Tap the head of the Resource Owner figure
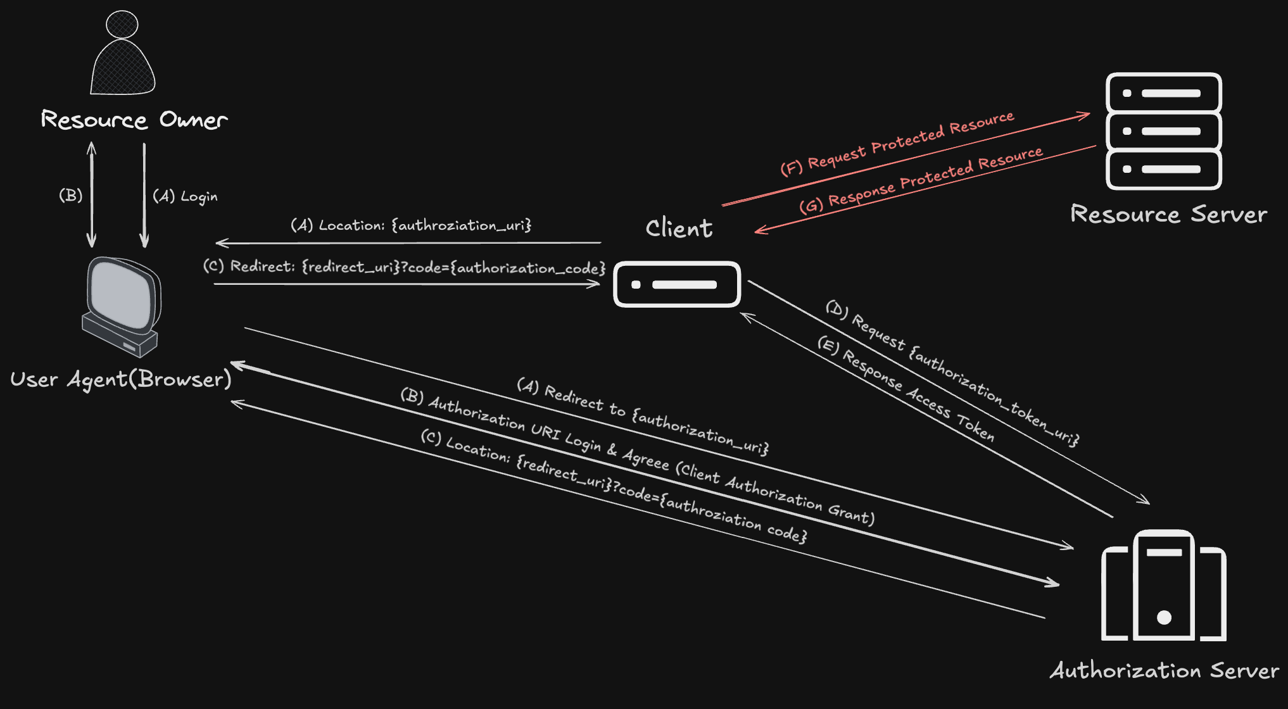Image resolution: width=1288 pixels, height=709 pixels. coord(122,24)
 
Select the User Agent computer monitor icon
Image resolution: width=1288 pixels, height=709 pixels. coord(122,307)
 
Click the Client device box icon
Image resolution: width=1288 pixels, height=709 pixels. coord(677,284)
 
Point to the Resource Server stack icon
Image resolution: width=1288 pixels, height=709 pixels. coord(1164,131)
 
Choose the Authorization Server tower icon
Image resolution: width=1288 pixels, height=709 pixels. coord(1164,586)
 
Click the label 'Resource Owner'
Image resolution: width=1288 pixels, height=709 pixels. coord(134,119)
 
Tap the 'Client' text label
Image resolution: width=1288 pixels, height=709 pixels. coord(679,227)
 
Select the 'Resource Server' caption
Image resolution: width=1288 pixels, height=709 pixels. coord(1169,214)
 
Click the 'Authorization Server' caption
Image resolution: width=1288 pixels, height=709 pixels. coord(1165,670)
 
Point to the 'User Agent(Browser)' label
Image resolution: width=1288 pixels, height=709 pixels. coord(121,379)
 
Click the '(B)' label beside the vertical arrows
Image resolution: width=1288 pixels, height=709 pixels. coord(71,195)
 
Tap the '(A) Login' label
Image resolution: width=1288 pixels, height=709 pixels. coord(185,196)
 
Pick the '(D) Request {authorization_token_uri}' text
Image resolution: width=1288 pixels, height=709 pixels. coord(952,373)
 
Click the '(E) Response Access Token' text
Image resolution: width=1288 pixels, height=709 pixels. coord(906,388)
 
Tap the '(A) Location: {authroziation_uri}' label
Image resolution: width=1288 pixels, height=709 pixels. coord(411,225)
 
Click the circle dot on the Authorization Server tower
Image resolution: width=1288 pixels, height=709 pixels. coord(1164,617)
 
